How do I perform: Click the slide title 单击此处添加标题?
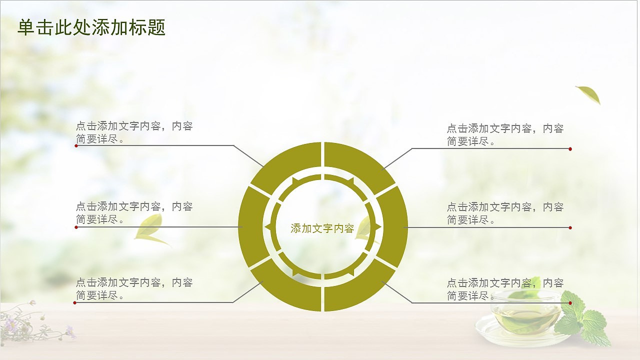click(91, 28)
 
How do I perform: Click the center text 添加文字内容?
click(322, 228)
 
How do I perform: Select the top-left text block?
click(134, 132)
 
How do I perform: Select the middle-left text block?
click(134, 212)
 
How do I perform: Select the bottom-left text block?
click(134, 289)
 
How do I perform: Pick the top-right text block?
click(505, 135)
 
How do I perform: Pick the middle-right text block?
click(505, 213)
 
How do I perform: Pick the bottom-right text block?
click(505, 289)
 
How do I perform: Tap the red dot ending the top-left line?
click(76, 145)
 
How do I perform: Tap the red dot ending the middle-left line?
click(76, 227)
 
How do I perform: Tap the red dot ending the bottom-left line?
click(75, 302)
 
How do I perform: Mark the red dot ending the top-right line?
click(570, 149)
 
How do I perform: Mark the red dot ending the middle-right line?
click(570, 227)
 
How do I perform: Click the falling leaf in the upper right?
click(589, 94)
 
